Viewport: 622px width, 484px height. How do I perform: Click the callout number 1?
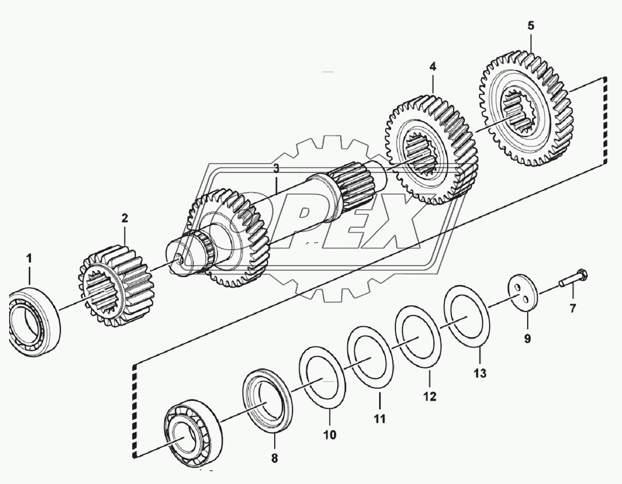tap(29, 259)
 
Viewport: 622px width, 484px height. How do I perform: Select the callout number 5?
tap(530, 26)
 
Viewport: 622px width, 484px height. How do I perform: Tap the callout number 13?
tap(480, 373)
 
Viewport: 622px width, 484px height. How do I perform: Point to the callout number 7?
tap(573, 308)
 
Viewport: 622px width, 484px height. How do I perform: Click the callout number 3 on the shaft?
tap(276, 169)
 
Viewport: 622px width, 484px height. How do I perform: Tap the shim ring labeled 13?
tap(467, 317)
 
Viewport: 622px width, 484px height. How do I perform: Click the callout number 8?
tap(274, 458)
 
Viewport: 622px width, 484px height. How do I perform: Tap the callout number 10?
tap(329, 435)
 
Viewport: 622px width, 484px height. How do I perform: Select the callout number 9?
tap(528, 339)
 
